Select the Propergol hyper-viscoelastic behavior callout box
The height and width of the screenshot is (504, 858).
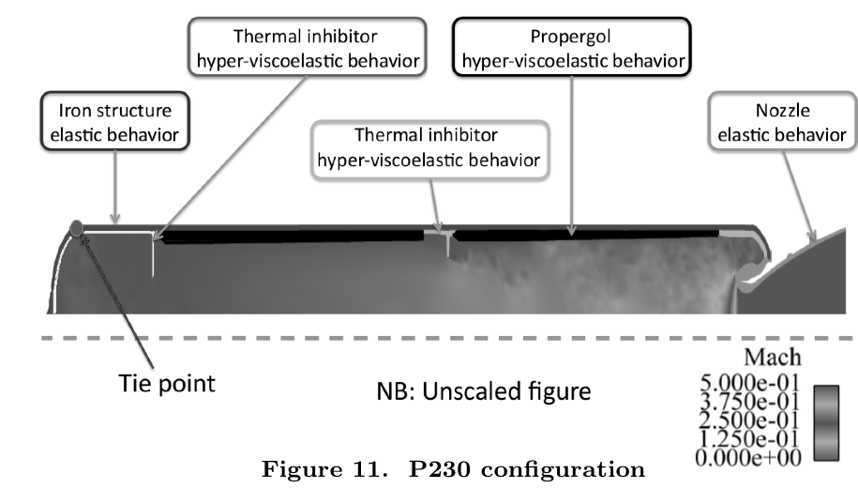click(572, 47)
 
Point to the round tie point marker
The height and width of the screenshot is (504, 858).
click(77, 226)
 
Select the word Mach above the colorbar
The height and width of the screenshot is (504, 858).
click(772, 358)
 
